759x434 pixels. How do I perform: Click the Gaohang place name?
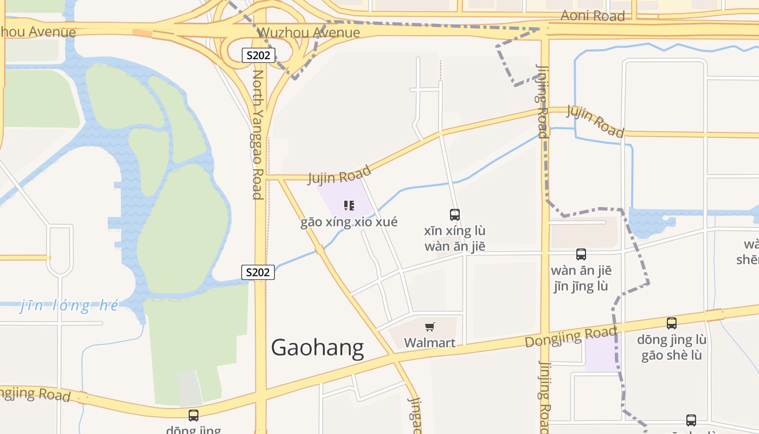pyautogui.click(x=317, y=348)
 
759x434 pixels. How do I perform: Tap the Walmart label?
pyautogui.click(x=429, y=342)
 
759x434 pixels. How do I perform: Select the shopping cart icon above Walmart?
pyautogui.click(x=430, y=327)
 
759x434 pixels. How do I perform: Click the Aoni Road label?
pyautogui.click(x=593, y=16)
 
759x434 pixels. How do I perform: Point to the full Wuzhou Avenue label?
pyautogui.click(x=308, y=33)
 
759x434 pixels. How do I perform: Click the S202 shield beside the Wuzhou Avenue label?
pyautogui.click(x=259, y=55)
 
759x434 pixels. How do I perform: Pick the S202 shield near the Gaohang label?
pyautogui.click(x=258, y=272)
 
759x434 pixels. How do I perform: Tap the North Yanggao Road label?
pyautogui.click(x=259, y=135)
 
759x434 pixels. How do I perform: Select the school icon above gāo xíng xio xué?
pyautogui.click(x=349, y=206)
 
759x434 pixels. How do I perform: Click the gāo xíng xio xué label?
pyautogui.click(x=349, y=222)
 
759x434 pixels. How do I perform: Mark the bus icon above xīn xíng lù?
pyautogui.click(x=455, y=215)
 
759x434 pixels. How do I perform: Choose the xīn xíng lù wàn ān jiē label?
pyautogui.click(x=455, y=239)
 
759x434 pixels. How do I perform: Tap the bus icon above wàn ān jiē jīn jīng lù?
pyautogui.click(x=581, y=254)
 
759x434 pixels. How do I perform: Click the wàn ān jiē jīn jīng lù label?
pyautogui.click(x=581, y=278)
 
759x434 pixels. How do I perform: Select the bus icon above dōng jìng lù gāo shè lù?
pyautogui.click(x=672, y=324)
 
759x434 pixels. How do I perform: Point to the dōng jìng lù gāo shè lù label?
pyautogui.click(x=672, y=348)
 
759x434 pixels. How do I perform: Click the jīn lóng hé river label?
pyautogui.click(x=69, y=305)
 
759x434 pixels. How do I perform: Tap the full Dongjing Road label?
pyautogui.click(x=570, y=337)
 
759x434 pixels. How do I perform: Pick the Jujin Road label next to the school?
pyautogui.click(x=339, y=175)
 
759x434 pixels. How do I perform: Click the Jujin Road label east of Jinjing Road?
pyautogui.click(x=595, y=120)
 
